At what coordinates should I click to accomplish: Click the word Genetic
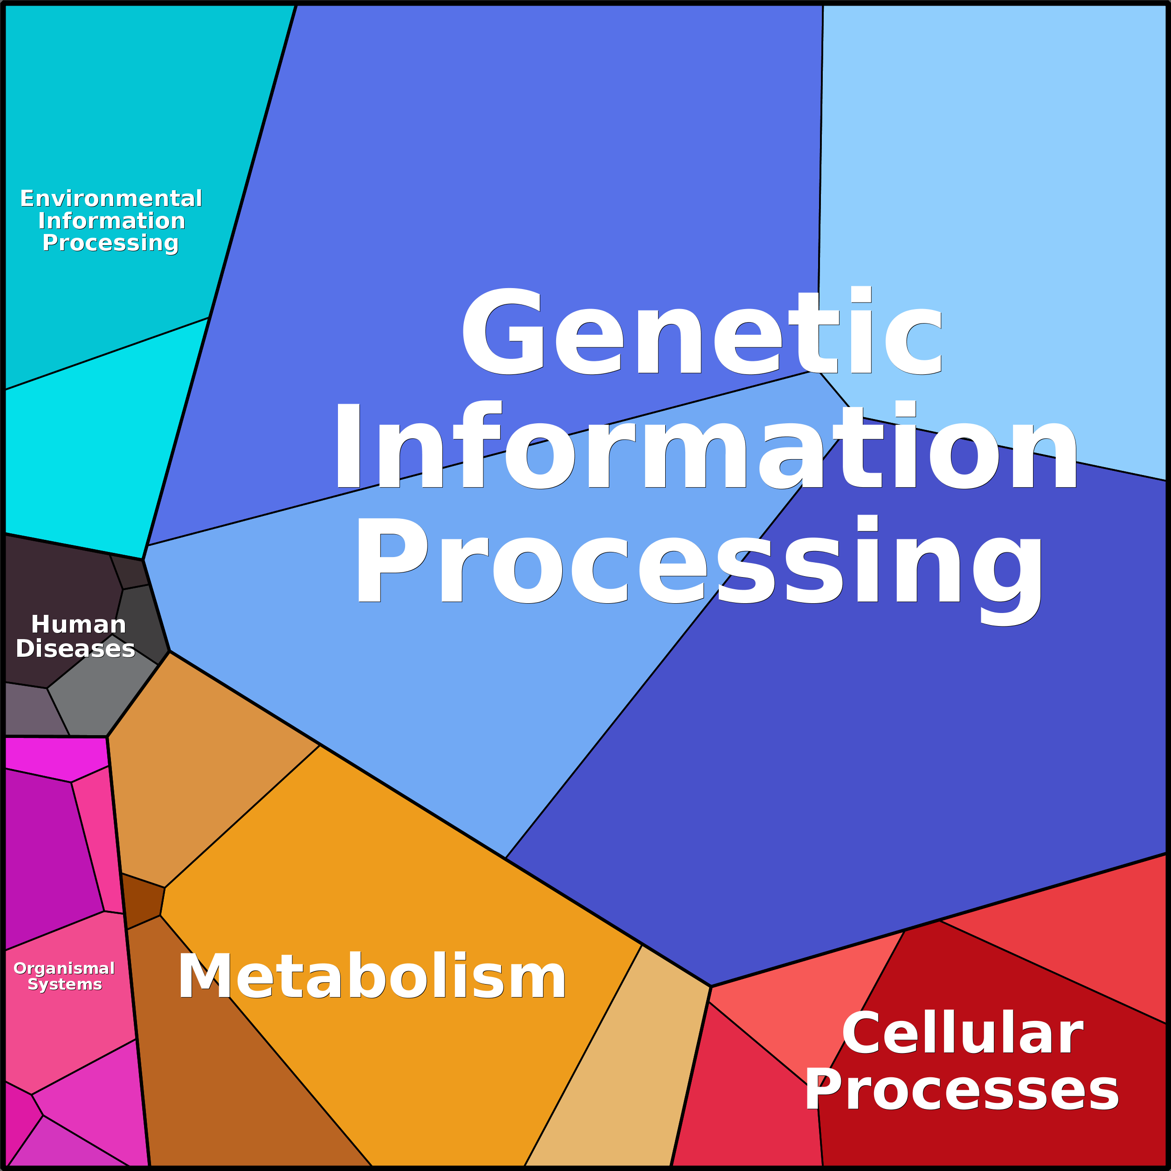(702, 331)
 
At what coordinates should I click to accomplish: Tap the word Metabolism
(372, 977)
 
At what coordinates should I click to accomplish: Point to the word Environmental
(111, 198)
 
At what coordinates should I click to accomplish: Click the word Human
(78, 624)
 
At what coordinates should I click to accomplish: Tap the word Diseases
(75, 648)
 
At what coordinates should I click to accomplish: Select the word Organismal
(64, 969)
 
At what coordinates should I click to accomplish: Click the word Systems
(65, 985)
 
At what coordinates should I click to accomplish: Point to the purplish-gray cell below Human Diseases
(34, 710)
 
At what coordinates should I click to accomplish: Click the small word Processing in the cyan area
(110, 243)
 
